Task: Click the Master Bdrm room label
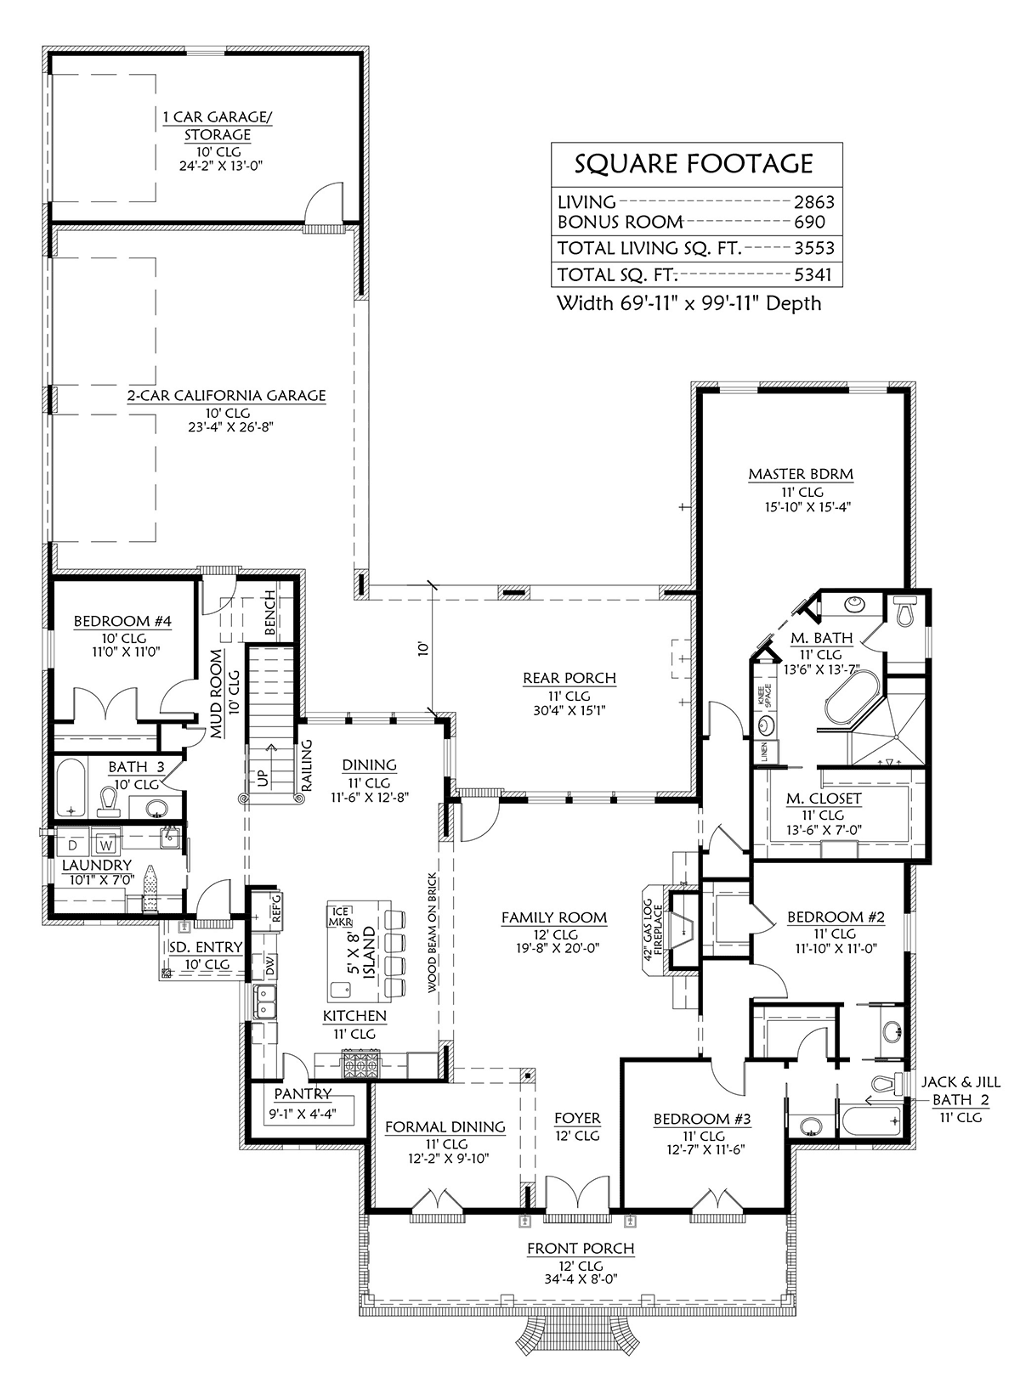point(800,474)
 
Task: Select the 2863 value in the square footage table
point(813,202)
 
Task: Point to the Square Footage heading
point(694,163)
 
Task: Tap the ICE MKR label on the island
point(340,917)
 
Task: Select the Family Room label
point(554,917)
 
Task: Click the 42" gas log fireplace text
point(654,928)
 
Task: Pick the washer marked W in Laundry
point(106,845)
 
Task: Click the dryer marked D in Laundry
point(73,845)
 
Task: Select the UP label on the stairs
point(263,776)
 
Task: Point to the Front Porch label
point(581,1248)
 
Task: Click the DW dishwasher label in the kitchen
point(271,966)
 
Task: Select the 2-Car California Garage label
point(227,396)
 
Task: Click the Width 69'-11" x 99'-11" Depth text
point(688,303)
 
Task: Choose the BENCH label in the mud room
point(269,612)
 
